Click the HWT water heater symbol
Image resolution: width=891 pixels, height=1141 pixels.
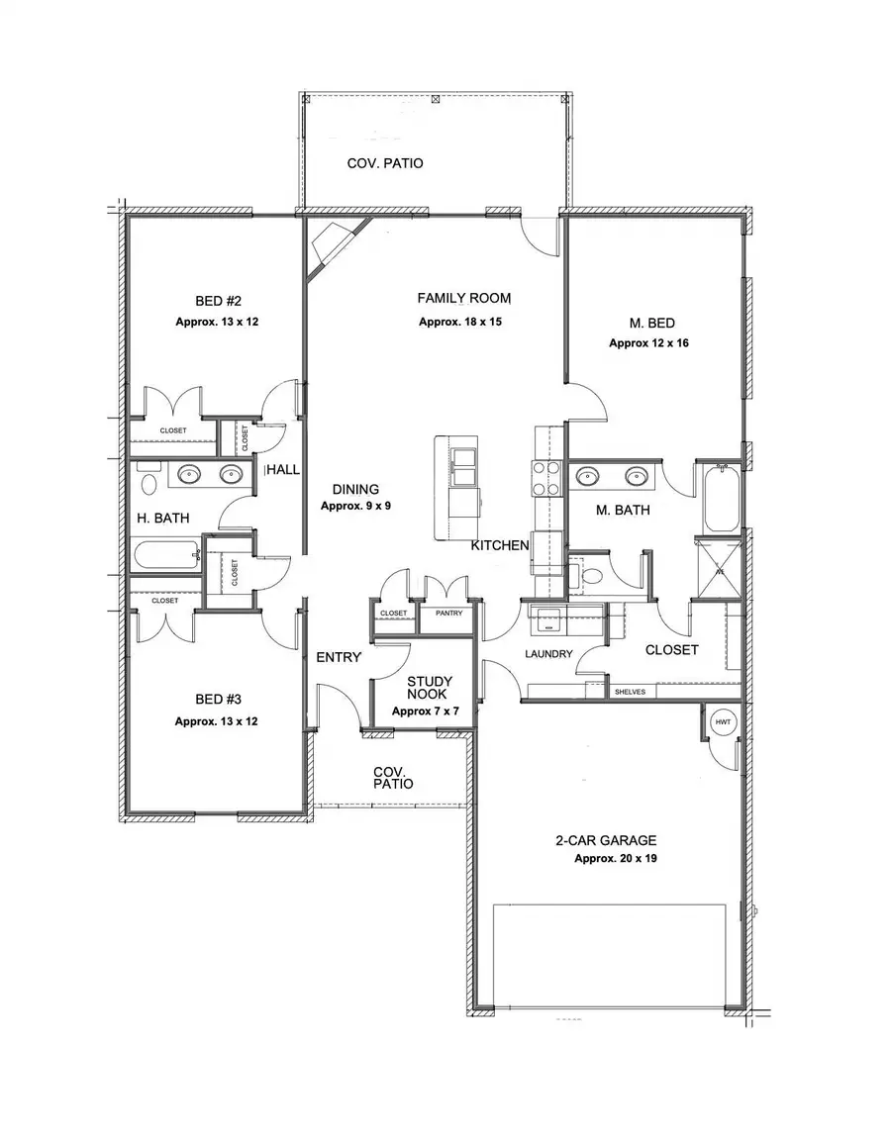(722, 723)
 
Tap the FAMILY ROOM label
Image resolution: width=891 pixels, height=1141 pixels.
(463, 298)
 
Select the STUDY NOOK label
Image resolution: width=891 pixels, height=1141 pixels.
(431, 689)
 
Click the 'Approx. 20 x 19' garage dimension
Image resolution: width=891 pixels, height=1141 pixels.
(616, 859)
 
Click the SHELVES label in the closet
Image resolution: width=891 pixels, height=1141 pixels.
(631, 692)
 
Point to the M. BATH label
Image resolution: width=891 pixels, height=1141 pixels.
(622, 511)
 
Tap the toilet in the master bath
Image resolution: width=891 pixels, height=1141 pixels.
(590, 575)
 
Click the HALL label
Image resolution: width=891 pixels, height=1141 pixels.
(283, 470)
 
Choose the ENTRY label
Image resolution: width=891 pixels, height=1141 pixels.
(338, 657)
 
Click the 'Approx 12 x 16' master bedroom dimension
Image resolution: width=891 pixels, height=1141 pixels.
(647, 342)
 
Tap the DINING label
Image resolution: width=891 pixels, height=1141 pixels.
(355, 489)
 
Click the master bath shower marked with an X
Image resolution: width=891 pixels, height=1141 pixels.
(720, 569)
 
